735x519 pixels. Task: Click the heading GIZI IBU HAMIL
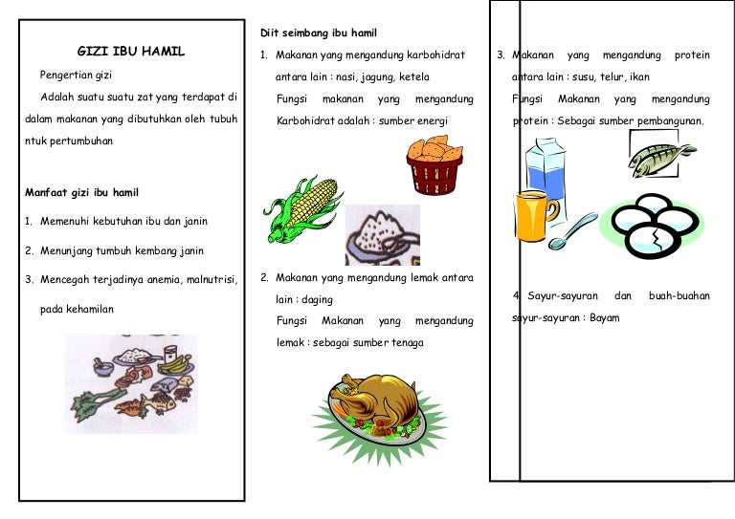click(131, 52)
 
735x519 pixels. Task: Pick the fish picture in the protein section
click(661, 154)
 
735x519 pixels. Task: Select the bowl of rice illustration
click(382, 234)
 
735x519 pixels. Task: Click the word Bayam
click(605, 317)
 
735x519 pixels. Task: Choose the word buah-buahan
click(679, 296)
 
